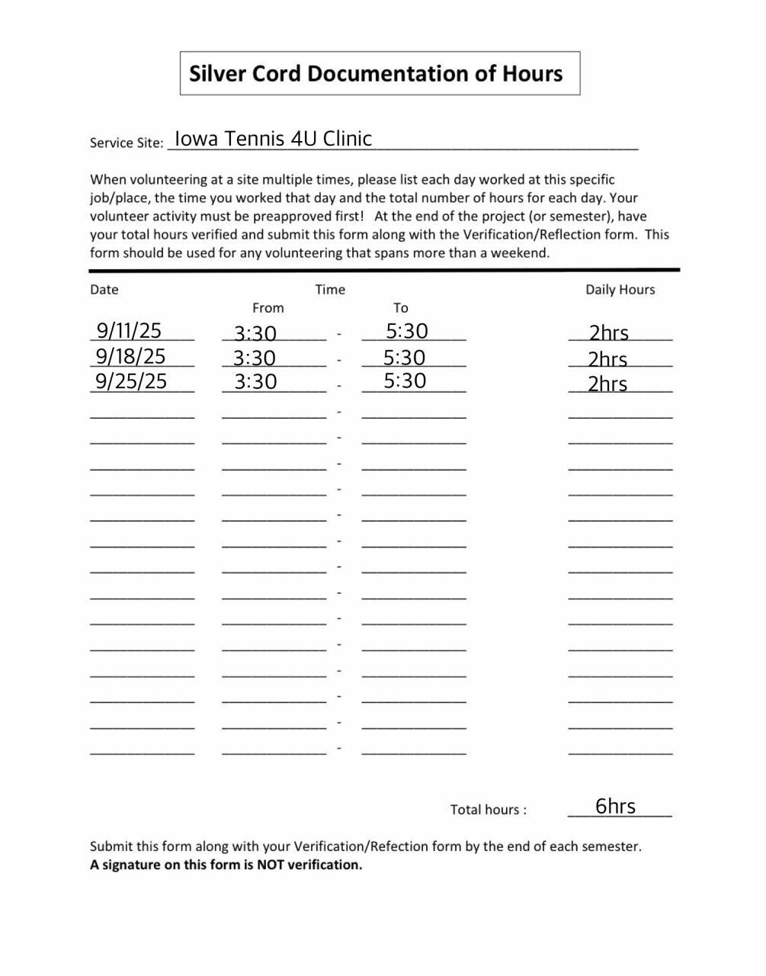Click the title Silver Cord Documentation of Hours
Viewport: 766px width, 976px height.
coord(376,74)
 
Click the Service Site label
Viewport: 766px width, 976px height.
coord(127,143)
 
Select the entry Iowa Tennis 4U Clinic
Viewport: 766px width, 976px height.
coord(273,139)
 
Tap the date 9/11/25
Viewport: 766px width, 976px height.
coord(129,331)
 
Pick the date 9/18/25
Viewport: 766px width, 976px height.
coord(130,356)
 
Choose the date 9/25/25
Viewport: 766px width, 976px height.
coord(131,381)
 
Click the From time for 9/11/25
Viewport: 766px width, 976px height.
coord(255,333)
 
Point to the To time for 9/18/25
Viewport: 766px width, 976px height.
coord(404,358)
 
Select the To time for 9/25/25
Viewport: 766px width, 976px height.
coord(405,381)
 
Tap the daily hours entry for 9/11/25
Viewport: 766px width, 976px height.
coord(608,333)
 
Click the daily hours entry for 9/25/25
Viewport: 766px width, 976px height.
coord(607,384)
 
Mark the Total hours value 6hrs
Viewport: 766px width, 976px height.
coord(615,807)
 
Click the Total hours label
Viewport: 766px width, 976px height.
coord(488,810)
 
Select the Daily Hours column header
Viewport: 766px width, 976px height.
coord(620,290)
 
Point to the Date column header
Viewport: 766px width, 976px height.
coord(104,290)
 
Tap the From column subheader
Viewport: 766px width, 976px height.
coord(268,308)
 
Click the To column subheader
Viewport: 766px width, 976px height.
coord(401,308)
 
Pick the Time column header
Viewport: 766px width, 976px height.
coord(330,290)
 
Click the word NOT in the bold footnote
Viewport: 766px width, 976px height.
coord(271,865)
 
